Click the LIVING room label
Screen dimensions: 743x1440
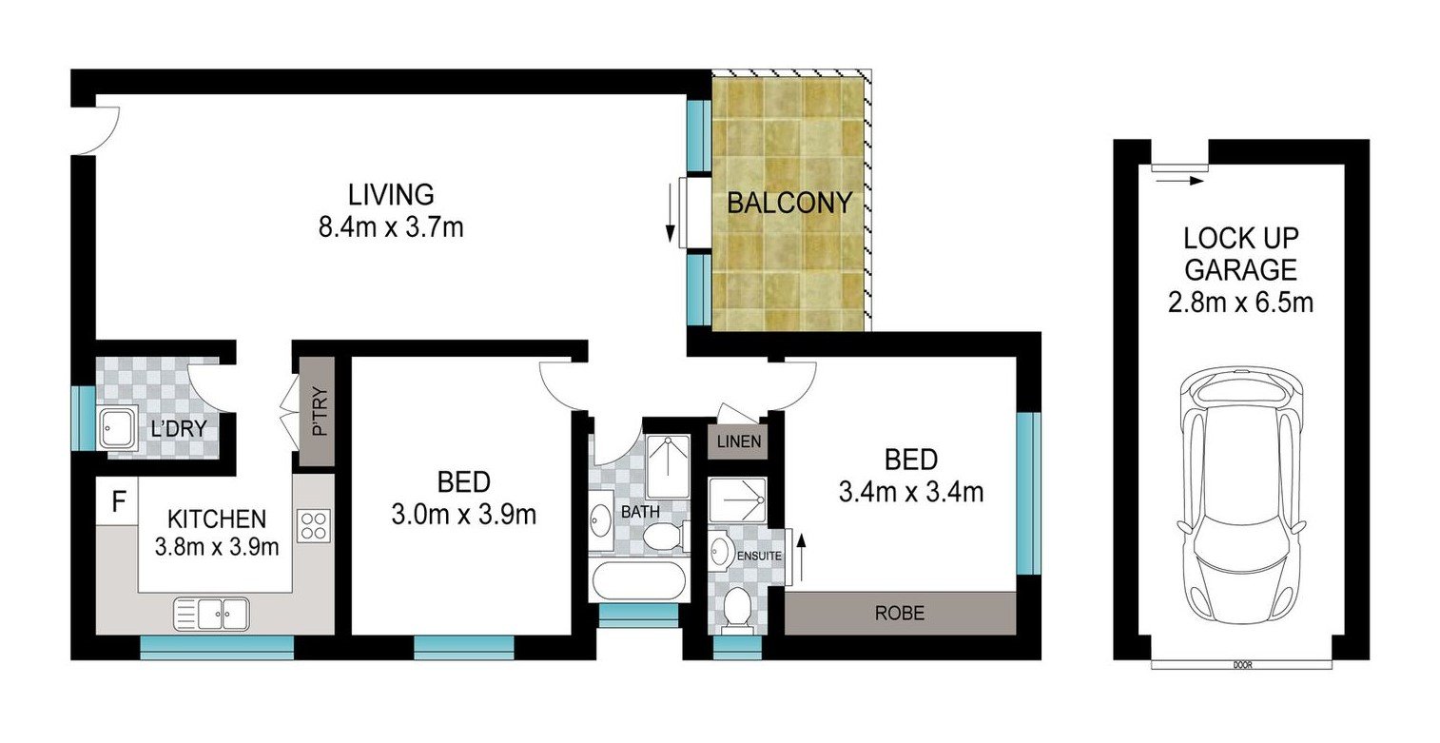[391, 195]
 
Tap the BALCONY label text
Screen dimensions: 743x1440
[788, 203]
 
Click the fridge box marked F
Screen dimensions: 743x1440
[117, 501]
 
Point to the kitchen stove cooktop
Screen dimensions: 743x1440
[313, 526]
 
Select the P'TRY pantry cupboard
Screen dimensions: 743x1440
[318, 411]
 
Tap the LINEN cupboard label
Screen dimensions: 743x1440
[737, 442]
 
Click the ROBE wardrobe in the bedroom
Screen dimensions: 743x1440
[899, 613]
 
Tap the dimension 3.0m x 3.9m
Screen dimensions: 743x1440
[463, 515]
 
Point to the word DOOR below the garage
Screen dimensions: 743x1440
[1240, 664]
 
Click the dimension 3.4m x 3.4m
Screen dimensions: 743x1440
[910, 493]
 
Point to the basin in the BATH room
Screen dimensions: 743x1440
[601, 520]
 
